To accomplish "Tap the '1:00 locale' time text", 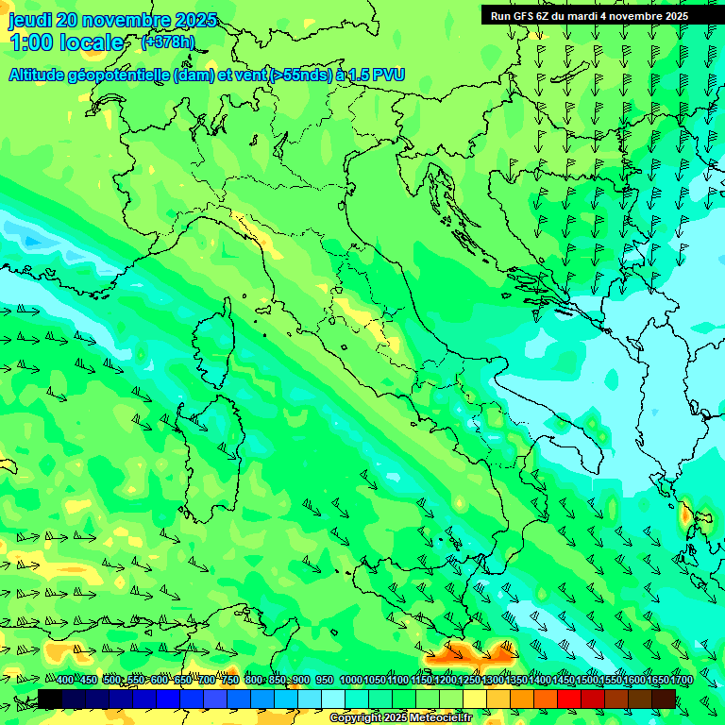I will pos(66,42).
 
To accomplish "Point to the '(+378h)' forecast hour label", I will pos(167,42).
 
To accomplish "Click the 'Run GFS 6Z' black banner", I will pos(589,15).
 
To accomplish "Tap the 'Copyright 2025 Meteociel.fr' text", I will pos(400,718).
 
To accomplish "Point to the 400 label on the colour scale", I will pos(65,681).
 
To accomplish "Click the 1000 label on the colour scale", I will pos(350,681).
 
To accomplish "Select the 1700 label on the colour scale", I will pos(655,681).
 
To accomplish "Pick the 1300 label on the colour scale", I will pos(492,681).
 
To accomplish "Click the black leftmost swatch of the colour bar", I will pos(50,699).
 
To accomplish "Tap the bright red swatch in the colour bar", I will pos(569,699).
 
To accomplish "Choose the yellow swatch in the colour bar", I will pos(475,699).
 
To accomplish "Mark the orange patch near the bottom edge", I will pos(466,651).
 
